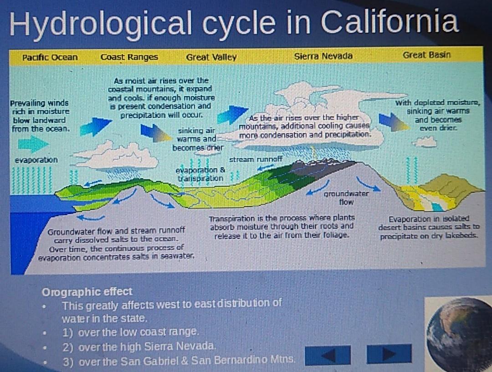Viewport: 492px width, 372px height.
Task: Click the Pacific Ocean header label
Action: [50, 57]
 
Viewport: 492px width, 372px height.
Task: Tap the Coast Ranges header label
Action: [129, 57]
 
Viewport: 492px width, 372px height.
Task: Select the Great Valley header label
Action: [211, 57]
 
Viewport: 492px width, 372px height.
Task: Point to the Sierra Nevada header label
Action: [323, 56]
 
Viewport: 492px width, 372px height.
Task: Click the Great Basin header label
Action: [426, 55]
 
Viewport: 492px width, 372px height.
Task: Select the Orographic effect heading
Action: [87, 292]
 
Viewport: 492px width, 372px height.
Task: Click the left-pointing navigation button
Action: [328, 355]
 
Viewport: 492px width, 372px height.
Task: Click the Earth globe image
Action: [459, 334]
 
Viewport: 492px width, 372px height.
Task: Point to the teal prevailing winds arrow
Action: [33, 144]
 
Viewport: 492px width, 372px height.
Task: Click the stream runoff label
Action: [256, 159]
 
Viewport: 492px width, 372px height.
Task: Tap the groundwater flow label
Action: [346, 198]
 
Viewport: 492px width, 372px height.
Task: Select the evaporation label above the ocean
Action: [36, 160]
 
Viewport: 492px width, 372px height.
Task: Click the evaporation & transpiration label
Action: [200, 174]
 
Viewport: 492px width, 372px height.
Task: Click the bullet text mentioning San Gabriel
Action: [179, 361]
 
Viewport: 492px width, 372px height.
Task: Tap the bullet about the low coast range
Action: [131, 332]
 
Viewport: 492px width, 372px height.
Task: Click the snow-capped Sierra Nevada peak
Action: [323, 162]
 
